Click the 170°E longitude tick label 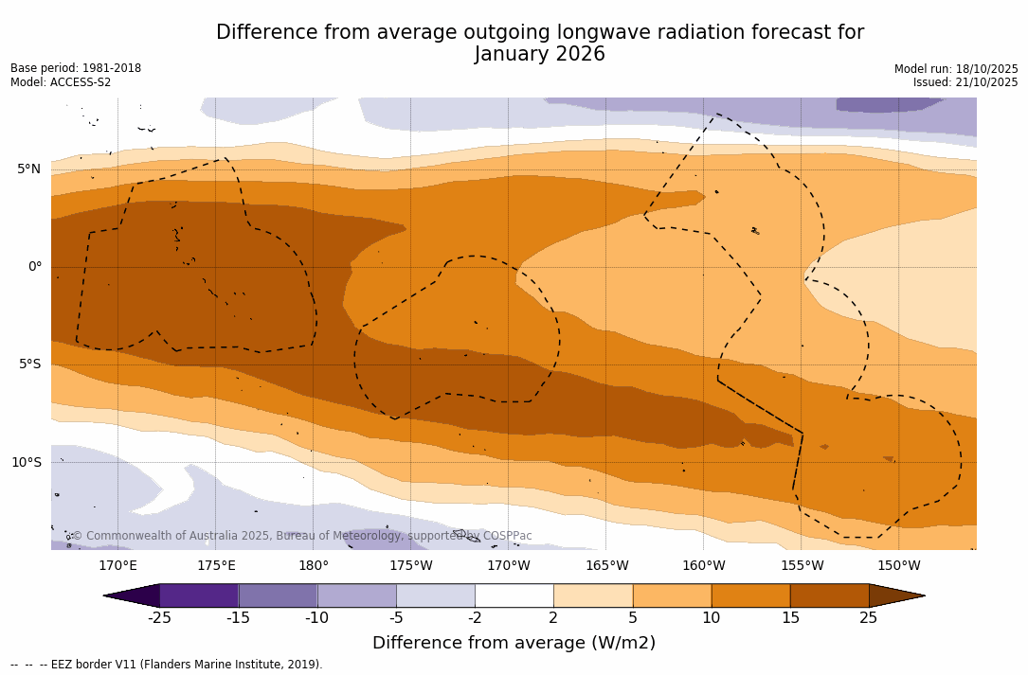[117, 566]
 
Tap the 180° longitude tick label [314, 566]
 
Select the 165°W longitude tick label [606, 566]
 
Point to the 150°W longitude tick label [898, 566]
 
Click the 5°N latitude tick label [28, 169]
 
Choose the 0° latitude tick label [35, 267]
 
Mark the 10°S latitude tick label [26, 463]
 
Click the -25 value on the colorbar [159, 618]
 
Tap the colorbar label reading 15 [789, 618]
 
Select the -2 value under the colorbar [475, 618]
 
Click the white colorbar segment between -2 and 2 [514, 595]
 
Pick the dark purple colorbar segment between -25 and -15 [199, 595]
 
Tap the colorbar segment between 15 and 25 [829, 595]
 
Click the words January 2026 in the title [539, 55]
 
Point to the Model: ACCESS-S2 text [61, 82]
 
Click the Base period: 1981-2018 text [76, 68]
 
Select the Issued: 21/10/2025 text [965, 82]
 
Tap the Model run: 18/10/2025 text [956, 69]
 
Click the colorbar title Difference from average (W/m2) [514, 644]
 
